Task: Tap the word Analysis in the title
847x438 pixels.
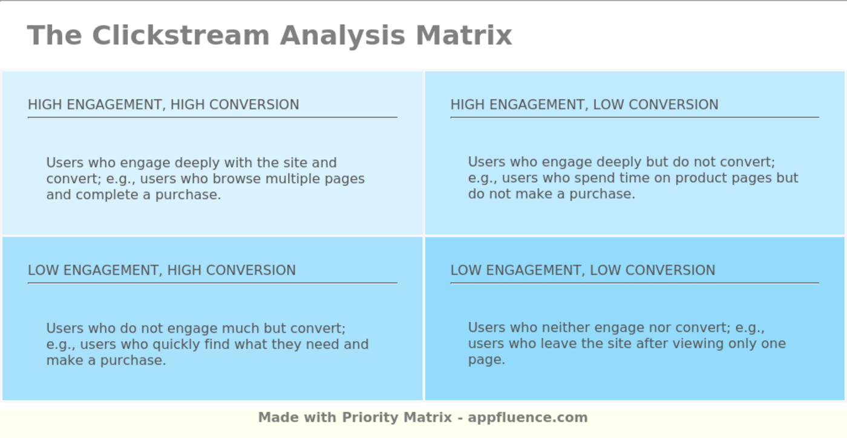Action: pos(342,35)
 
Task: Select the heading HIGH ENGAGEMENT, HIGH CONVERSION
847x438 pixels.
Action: pos(163,105)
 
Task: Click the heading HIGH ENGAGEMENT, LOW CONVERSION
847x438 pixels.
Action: pos(584,105)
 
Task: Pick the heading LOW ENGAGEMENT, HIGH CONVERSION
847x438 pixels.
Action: pos(162,270)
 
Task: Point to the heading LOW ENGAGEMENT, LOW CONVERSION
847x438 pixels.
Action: pos(583,270)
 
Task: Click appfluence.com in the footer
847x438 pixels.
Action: pos(528,417)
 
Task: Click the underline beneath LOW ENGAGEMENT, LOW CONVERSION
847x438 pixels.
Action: pos(634,283)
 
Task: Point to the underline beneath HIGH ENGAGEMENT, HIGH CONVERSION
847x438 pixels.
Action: pos(212,117)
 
